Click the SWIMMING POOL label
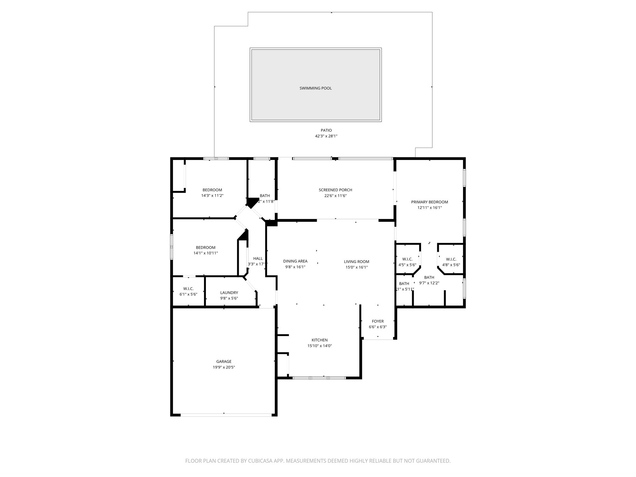click(x=316, y=88)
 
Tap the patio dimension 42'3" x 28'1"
click(x=326, y=136)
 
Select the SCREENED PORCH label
click(x=335, y=190)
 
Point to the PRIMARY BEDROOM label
click(x=429, y=202)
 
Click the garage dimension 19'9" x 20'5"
click(x=224, y=367)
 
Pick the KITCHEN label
click(x=320, y=340)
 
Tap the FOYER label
click(x=378, y=321)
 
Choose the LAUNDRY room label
click(x=229, y=293)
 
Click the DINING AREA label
click(x=295, y=261)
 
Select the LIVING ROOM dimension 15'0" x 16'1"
click(x=357, y=267)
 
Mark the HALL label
click(x=258, y=258)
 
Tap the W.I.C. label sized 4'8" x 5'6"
click(x=451, y=259)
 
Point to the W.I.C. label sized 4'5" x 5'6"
click(x=407, y=259)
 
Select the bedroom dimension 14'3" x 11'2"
click(x=212, y=196)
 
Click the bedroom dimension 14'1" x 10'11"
click(x=206, y=253)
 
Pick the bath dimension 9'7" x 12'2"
click(x=429, y=283)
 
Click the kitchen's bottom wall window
click(x=319, y=378)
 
